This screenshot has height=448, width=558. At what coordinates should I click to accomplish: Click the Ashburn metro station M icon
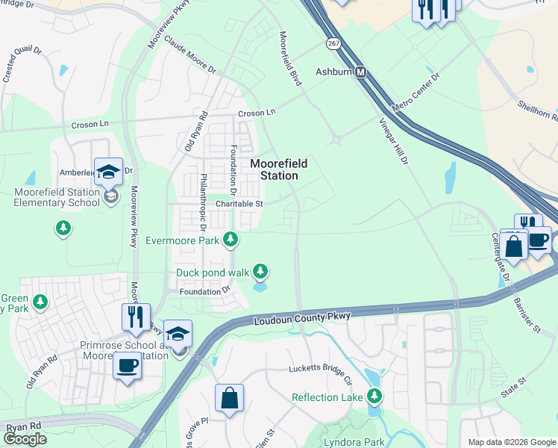[361, 72]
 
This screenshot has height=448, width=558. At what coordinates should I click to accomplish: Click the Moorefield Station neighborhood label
[274, 169]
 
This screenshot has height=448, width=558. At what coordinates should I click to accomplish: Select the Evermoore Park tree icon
[232, 239]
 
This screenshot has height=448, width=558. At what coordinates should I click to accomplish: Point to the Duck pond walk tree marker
[260, 272]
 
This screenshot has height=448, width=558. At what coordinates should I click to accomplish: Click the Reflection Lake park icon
[376, 396]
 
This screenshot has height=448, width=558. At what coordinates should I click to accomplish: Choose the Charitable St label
[239, 203]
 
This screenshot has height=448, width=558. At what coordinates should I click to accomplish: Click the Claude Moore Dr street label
[189, 56]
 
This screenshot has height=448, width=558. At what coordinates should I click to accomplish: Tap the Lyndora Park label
[351, 442]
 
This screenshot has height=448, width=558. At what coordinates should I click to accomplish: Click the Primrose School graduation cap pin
[178, 335]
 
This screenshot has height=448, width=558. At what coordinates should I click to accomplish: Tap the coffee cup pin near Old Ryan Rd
[126, 367]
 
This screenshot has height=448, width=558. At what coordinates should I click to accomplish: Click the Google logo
[25, 439]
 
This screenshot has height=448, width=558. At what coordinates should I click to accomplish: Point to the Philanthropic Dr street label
[202, 202]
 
